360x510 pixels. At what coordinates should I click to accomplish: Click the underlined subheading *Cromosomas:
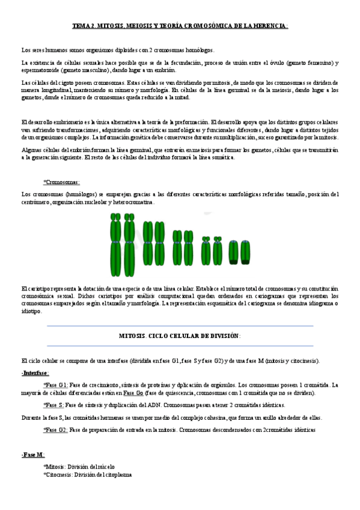pyautogui.click(x=61, y=182)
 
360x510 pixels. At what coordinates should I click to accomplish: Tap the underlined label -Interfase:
pyautogui.click(x=35, y=373)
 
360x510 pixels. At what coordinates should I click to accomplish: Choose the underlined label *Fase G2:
pyautogui.click(x=55, y=430)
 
